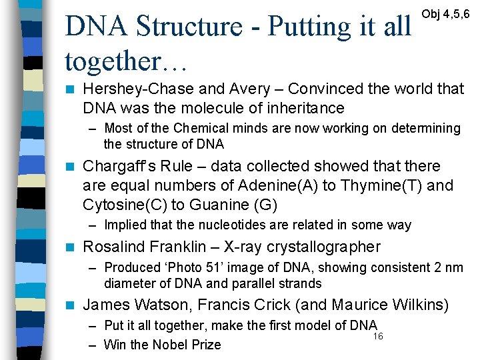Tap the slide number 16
[378, 337]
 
